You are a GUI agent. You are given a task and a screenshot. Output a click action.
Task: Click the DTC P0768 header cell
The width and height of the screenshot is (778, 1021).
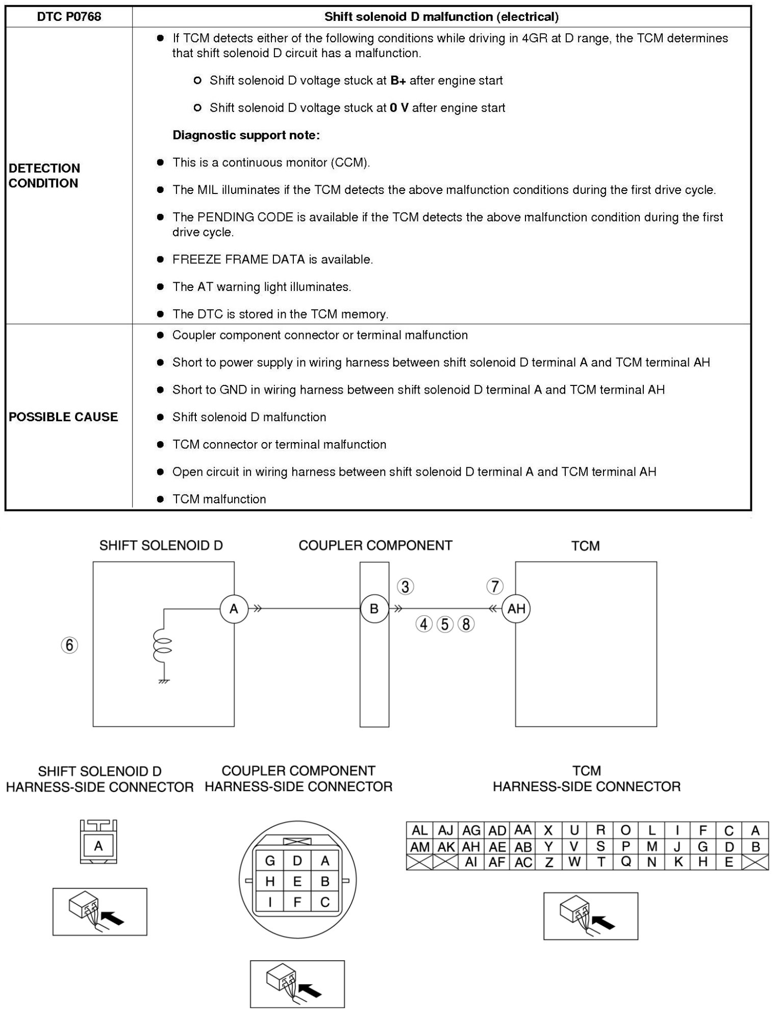click(x=69, y=16)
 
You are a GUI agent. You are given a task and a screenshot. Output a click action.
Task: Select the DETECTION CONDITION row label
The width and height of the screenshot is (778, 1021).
click(x=44, y=176)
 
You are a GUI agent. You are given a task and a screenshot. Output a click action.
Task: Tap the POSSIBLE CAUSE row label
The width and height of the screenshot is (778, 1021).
click(x=63, y=417)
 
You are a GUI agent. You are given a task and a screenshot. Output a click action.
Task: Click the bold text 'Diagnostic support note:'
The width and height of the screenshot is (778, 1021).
click(x=246, y=135)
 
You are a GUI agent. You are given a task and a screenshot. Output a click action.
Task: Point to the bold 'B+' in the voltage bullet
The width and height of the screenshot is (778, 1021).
click(x=398, y=81)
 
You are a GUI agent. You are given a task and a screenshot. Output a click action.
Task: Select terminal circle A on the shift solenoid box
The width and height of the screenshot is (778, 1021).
click(x=234, y=609)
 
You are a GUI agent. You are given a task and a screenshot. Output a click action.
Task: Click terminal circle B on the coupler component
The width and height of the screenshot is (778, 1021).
click(x=374, y=609)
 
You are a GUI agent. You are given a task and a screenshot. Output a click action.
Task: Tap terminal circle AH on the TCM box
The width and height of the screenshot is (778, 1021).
click(x=516, y=609)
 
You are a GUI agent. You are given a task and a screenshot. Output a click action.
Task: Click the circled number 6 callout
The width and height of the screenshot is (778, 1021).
click(x=69, y=645)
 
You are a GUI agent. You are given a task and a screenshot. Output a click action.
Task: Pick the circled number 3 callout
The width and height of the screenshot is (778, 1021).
click(x=406, y=587)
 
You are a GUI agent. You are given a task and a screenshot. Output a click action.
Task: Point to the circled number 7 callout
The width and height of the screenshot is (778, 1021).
click(x=494, y=586)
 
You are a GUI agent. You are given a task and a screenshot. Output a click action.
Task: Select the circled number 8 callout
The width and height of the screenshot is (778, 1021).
click(x=466, y=624)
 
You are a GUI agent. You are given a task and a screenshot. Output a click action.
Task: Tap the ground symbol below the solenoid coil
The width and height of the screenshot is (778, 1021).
click(x=164, y=682)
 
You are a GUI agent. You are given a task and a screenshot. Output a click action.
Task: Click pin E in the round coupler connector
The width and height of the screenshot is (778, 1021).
click(x=297, y=882)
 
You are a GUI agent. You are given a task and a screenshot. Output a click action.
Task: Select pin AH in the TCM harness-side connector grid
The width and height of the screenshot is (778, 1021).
click(x=471, y=847)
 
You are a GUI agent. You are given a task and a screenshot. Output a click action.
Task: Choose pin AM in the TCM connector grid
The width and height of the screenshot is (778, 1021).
click(x=420, y=847)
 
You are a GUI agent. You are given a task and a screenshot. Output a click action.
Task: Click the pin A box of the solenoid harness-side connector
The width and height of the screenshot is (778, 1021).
click(x=98, y=846)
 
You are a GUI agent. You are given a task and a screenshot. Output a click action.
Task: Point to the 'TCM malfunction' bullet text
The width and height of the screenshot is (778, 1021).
click(x=219, y=499)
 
